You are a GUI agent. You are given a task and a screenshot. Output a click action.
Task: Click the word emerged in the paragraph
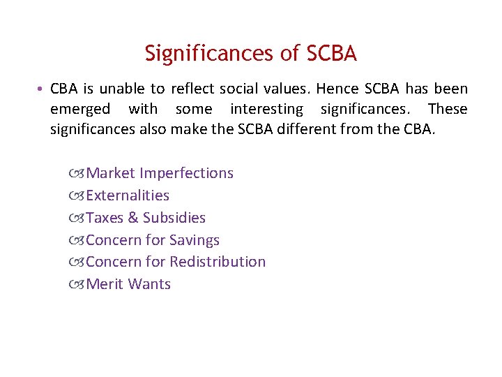(x=80, y=110)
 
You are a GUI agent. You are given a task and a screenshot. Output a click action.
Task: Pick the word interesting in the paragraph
(x=267, y=110)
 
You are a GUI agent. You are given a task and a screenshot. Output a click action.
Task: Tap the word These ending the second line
(x=448, y=110)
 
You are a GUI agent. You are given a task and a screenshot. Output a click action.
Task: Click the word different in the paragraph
(x=319, y=130)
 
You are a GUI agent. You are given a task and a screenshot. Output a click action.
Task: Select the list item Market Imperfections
(x=160, y=172)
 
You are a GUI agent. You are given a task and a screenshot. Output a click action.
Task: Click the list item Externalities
(x=128, y=195)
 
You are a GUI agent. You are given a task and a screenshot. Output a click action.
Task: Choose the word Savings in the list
(x=195, y=239)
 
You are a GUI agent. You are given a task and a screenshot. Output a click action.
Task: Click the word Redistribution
(x=218, y=262)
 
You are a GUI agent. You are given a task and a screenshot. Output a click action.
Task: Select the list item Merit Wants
(x=128, y=284)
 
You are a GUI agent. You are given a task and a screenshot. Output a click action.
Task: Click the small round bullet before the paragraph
(x=43, y=89)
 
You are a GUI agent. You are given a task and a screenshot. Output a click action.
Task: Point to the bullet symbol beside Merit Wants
(x=77, y=285)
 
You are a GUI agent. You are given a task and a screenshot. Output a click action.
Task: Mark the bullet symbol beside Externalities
(x=77, y=195)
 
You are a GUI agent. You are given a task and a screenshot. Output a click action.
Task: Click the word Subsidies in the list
(x=174, y=217)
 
